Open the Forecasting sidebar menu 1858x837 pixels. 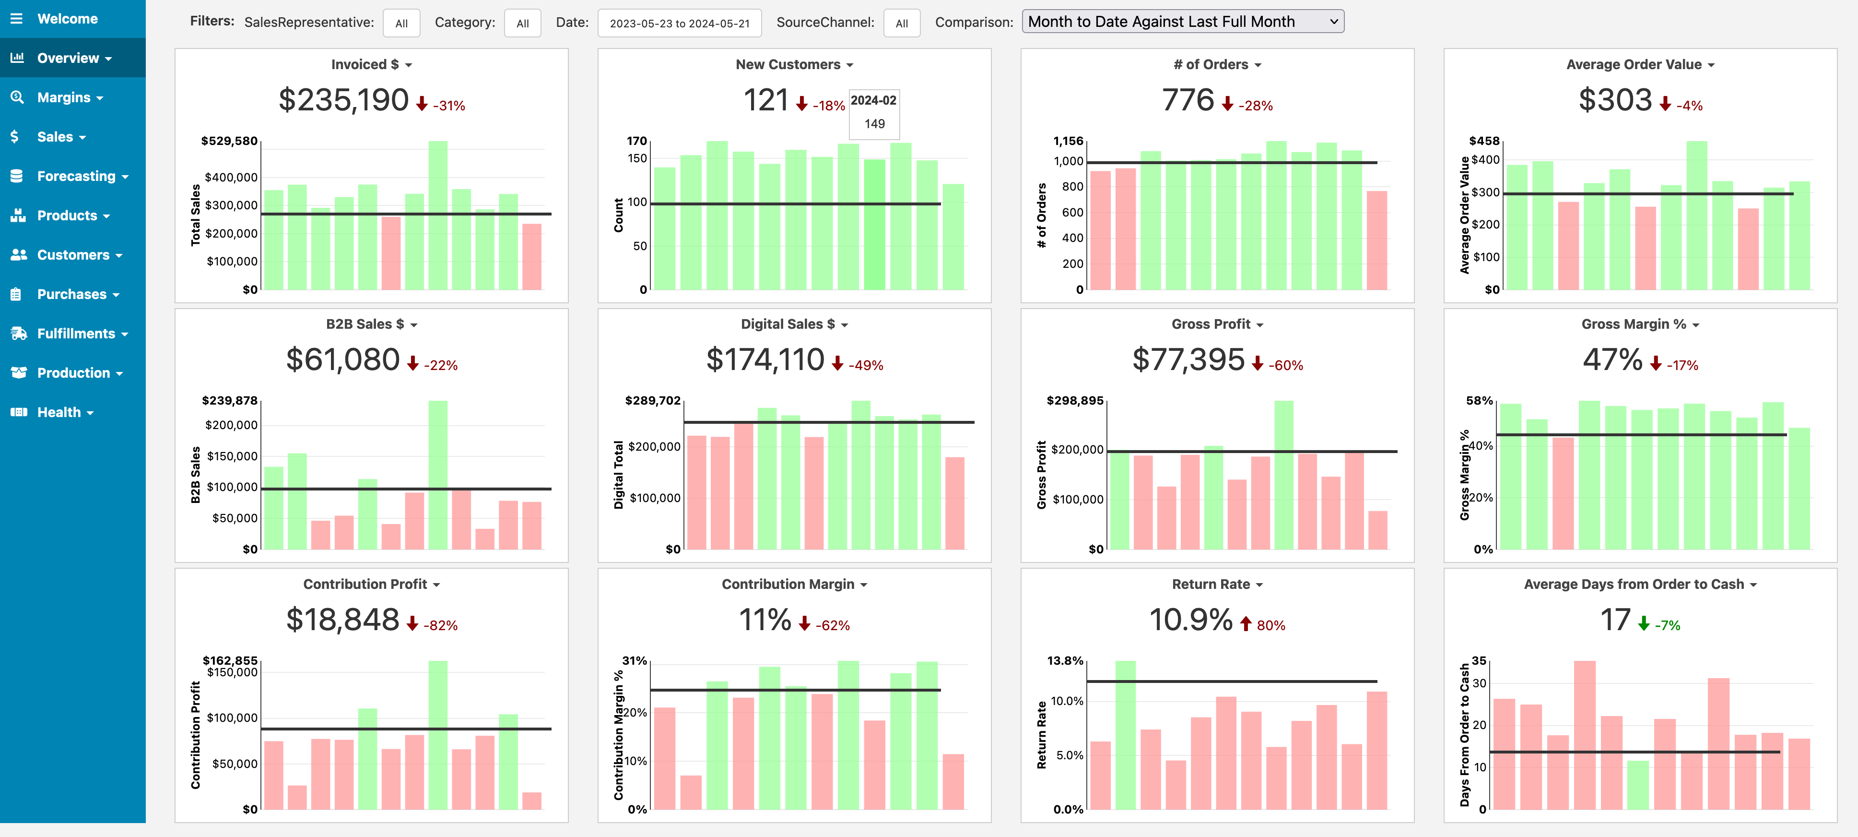pos(82,176)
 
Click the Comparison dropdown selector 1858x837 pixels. pos(1183,22)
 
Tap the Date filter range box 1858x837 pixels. pos(680,23)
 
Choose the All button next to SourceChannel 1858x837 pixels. pos(902,23)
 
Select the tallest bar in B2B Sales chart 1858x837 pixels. pos(438,475)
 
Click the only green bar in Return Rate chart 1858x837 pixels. pos(1125,735)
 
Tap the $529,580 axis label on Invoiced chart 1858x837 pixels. pos(229,141)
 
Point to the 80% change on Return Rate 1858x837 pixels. pos(1271,625)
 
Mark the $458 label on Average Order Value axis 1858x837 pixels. pos(1484,141)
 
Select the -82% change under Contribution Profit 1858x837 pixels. pos(441,625)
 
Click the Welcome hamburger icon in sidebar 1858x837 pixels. pos(17,19)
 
